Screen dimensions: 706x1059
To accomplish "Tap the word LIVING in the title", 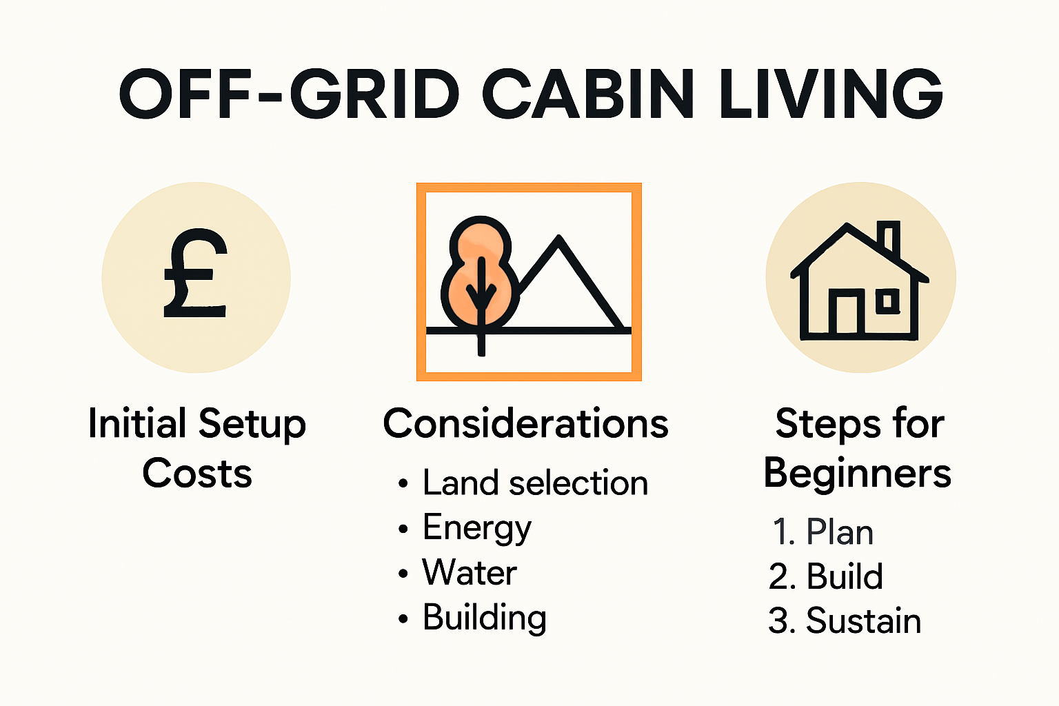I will click(830, 94).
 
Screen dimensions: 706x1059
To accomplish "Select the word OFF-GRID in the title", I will click(290, 94).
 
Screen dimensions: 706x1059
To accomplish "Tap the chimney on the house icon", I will click(891, 238).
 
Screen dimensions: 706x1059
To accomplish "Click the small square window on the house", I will click(887, 301).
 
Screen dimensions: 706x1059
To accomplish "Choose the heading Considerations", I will click(525, 423).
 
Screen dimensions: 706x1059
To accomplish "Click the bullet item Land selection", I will click(535, 483).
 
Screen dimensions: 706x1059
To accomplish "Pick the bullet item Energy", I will click(477, 528).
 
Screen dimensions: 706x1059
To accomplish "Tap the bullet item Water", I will click(470, 573).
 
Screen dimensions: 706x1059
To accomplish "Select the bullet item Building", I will click(485, 618).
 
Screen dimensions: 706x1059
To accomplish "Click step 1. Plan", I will click(823, 532).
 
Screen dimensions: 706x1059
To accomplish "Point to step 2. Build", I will click(825, 576).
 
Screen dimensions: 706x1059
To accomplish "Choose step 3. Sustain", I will click(845, 621).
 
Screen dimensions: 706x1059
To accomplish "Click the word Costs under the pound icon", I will click(197, 474).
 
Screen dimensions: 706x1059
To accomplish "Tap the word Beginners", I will click(858, 474).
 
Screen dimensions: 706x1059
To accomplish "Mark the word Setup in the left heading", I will click(252, 424).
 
